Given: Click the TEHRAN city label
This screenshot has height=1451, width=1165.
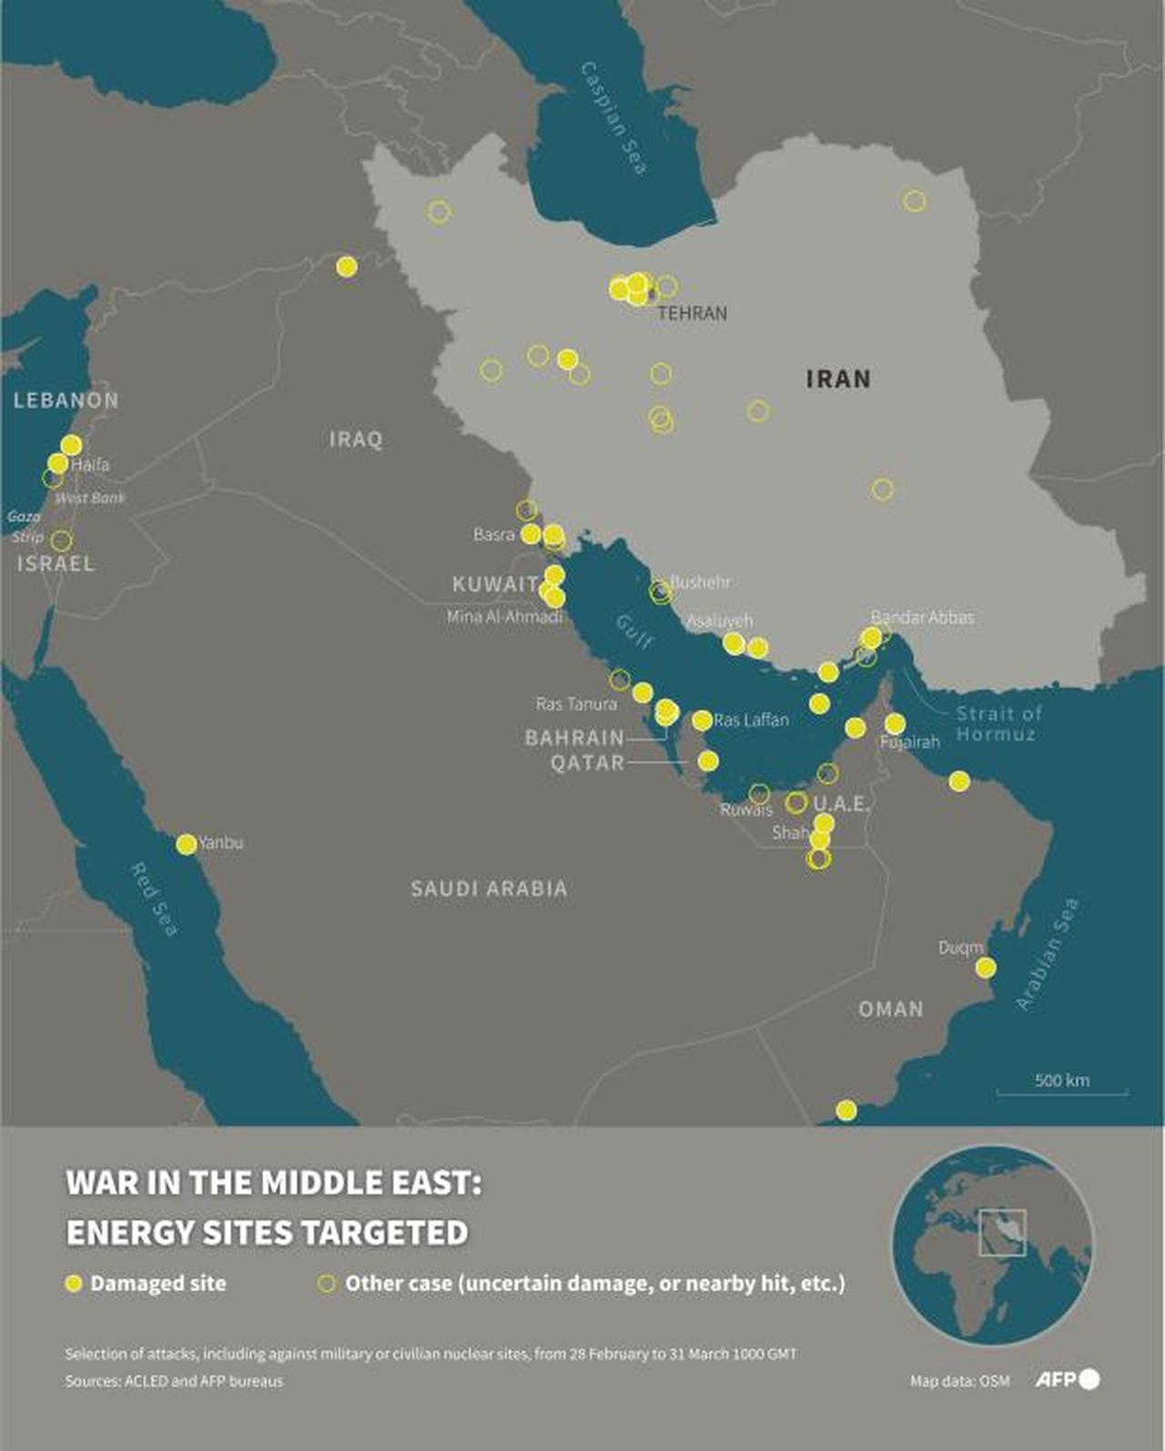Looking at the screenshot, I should click(x=692, y=313).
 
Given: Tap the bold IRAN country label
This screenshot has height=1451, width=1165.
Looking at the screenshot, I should click(x=838, y=378).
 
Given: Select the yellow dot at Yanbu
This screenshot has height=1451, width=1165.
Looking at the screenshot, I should click(x=186, y=844).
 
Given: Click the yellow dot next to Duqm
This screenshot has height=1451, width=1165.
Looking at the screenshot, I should click(x=985, y=967).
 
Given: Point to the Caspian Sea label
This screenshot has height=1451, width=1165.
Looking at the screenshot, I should click(x=614, y=118).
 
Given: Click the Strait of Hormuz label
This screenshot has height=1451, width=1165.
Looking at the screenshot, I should click(x=998, y=724).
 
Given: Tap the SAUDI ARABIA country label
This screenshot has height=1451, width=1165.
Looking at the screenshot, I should click(x=489, y=889).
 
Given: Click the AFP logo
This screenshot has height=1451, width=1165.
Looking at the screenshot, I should click(x=1067, y=1379).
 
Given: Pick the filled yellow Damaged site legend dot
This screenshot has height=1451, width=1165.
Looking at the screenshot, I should click(x=75, y=1284).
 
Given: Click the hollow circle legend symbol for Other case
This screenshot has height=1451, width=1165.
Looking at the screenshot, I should click(x=326, y=1284).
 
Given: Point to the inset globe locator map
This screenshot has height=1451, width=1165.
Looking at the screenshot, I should click(x=992, y=1244).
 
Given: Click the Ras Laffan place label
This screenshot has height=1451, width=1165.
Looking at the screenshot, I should click(x=751, y=720).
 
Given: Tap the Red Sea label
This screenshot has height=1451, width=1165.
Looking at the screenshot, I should click(x=154, y=899).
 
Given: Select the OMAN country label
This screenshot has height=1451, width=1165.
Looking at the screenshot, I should click(x=890, y=1009).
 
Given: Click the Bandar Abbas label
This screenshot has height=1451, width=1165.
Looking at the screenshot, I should click(x=922, y=617).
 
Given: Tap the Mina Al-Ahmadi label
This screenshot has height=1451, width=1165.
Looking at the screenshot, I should click(x=504, y=617).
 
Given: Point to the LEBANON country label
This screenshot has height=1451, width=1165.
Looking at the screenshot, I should click(x=66, y=399).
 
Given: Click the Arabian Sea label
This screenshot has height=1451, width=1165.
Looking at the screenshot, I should click(x=1048, y=953).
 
